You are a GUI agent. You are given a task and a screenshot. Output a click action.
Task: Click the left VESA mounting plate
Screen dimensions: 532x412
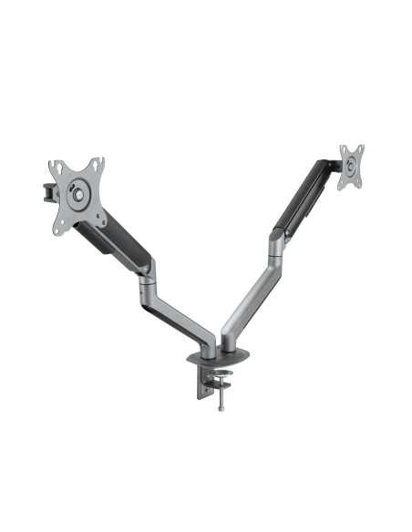click(77, 194)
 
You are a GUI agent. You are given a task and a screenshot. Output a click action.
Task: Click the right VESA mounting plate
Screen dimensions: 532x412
click(351, 167)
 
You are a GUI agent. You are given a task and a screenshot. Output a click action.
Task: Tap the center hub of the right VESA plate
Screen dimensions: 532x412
click(351, 167)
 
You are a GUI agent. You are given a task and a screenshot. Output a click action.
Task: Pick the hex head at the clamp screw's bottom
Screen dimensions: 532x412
click(220, 408)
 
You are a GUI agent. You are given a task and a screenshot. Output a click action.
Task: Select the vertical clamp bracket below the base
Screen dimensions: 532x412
click(201, 383)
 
